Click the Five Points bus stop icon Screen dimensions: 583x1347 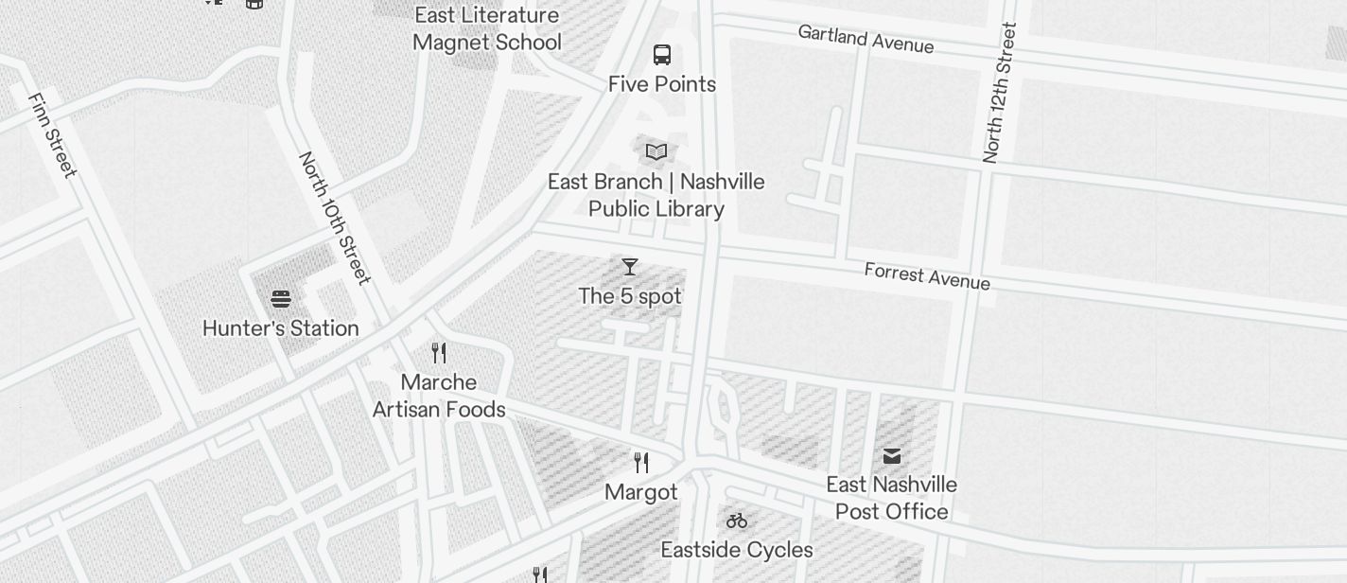click(x=662, y=55)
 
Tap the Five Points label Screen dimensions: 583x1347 click(x=662, y=84)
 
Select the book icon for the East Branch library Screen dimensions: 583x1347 click(x=656, y=151)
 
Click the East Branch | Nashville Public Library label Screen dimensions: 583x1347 click(x=656, y=195)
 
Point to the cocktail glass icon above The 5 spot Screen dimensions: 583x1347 click(x=630, y=267)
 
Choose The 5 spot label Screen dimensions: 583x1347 click(x=630, y=296)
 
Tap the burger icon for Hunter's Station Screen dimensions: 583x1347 click(x=280, y=299)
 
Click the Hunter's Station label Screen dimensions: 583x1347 click(x=281, y=328)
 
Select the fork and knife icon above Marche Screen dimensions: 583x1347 click(x=439, y=353)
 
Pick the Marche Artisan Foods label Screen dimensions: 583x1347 click(x=439, y=396)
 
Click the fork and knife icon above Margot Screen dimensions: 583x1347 click(x=641, y=463)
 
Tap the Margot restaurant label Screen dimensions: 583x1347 click(x=641, y=492)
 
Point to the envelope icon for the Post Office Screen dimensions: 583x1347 click(x=892, y=456)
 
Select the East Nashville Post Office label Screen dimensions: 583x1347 click(x=892, y=498)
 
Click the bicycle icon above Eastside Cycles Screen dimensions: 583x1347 click(x=737, y=521)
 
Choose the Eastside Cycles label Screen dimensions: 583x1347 click(x=737, y=550)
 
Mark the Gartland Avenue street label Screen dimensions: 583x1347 click(x=866, y=40)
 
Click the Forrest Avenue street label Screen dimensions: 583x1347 click(x=927, y=276)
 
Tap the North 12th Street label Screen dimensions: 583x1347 click(x=999, y=93)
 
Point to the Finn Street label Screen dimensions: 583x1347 click(x=52, y=135)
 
